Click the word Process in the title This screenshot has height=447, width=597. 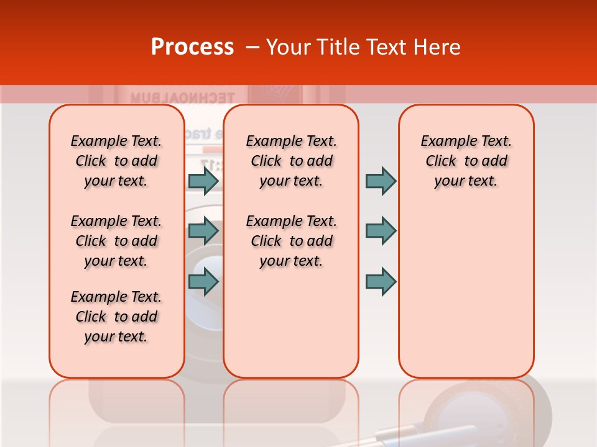[x=192, y=47]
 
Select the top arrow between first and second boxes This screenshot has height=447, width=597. [x=203, y=181]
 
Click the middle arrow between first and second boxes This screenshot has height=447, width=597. [x=203, y=231]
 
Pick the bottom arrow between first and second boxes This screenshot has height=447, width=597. [x=203, y=282]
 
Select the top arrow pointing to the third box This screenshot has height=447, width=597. [x=381, y=181]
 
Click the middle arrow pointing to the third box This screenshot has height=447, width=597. [x=381, y=231]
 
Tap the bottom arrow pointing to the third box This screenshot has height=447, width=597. [x=381, y=282]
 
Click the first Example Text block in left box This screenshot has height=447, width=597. [x=116, y=161]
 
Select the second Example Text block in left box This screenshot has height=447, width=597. [x=116, y=241]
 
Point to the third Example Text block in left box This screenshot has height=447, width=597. [x=116, y=317]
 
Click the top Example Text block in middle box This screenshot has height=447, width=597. [x=291, y=161]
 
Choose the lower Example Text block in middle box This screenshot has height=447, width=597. [x=291, y=241]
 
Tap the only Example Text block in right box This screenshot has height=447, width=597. [x=466, y=161]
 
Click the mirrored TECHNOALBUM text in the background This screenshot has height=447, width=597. [x=182, y=97]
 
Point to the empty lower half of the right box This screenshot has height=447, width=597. [x=466, y=298]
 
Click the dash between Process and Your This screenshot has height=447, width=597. [x=252, y=47]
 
